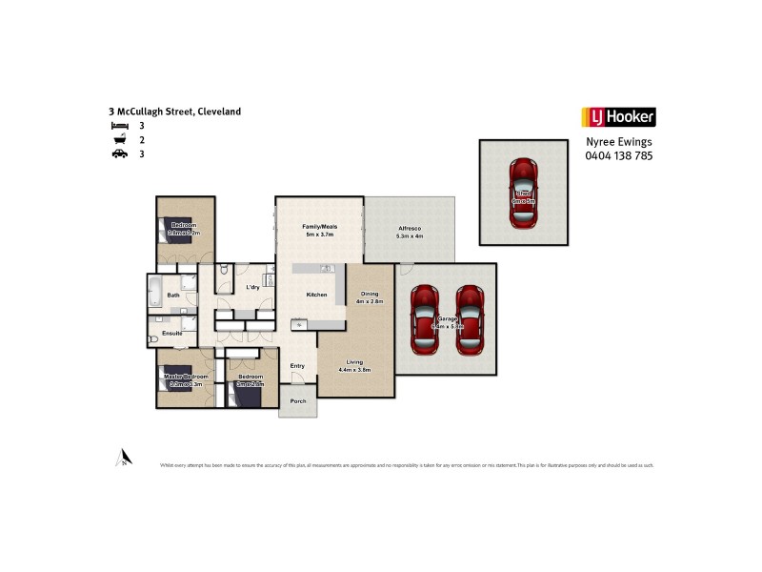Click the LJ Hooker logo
click(618, 117)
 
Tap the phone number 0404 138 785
click(618, 155)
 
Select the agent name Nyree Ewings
click(618, 142)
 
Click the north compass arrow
click(122, 458)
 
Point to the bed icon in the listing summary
click(119, 126)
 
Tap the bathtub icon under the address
click(119, 139)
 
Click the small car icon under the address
click(119, 153)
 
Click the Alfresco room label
click(410, 228)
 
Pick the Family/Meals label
click(320, 227)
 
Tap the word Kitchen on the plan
click(316, 295)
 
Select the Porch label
click(298, 401)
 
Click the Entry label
click(297, 366)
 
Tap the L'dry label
click(253, 287)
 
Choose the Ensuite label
click(171, 334)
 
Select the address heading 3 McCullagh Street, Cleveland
click(175, 112)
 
